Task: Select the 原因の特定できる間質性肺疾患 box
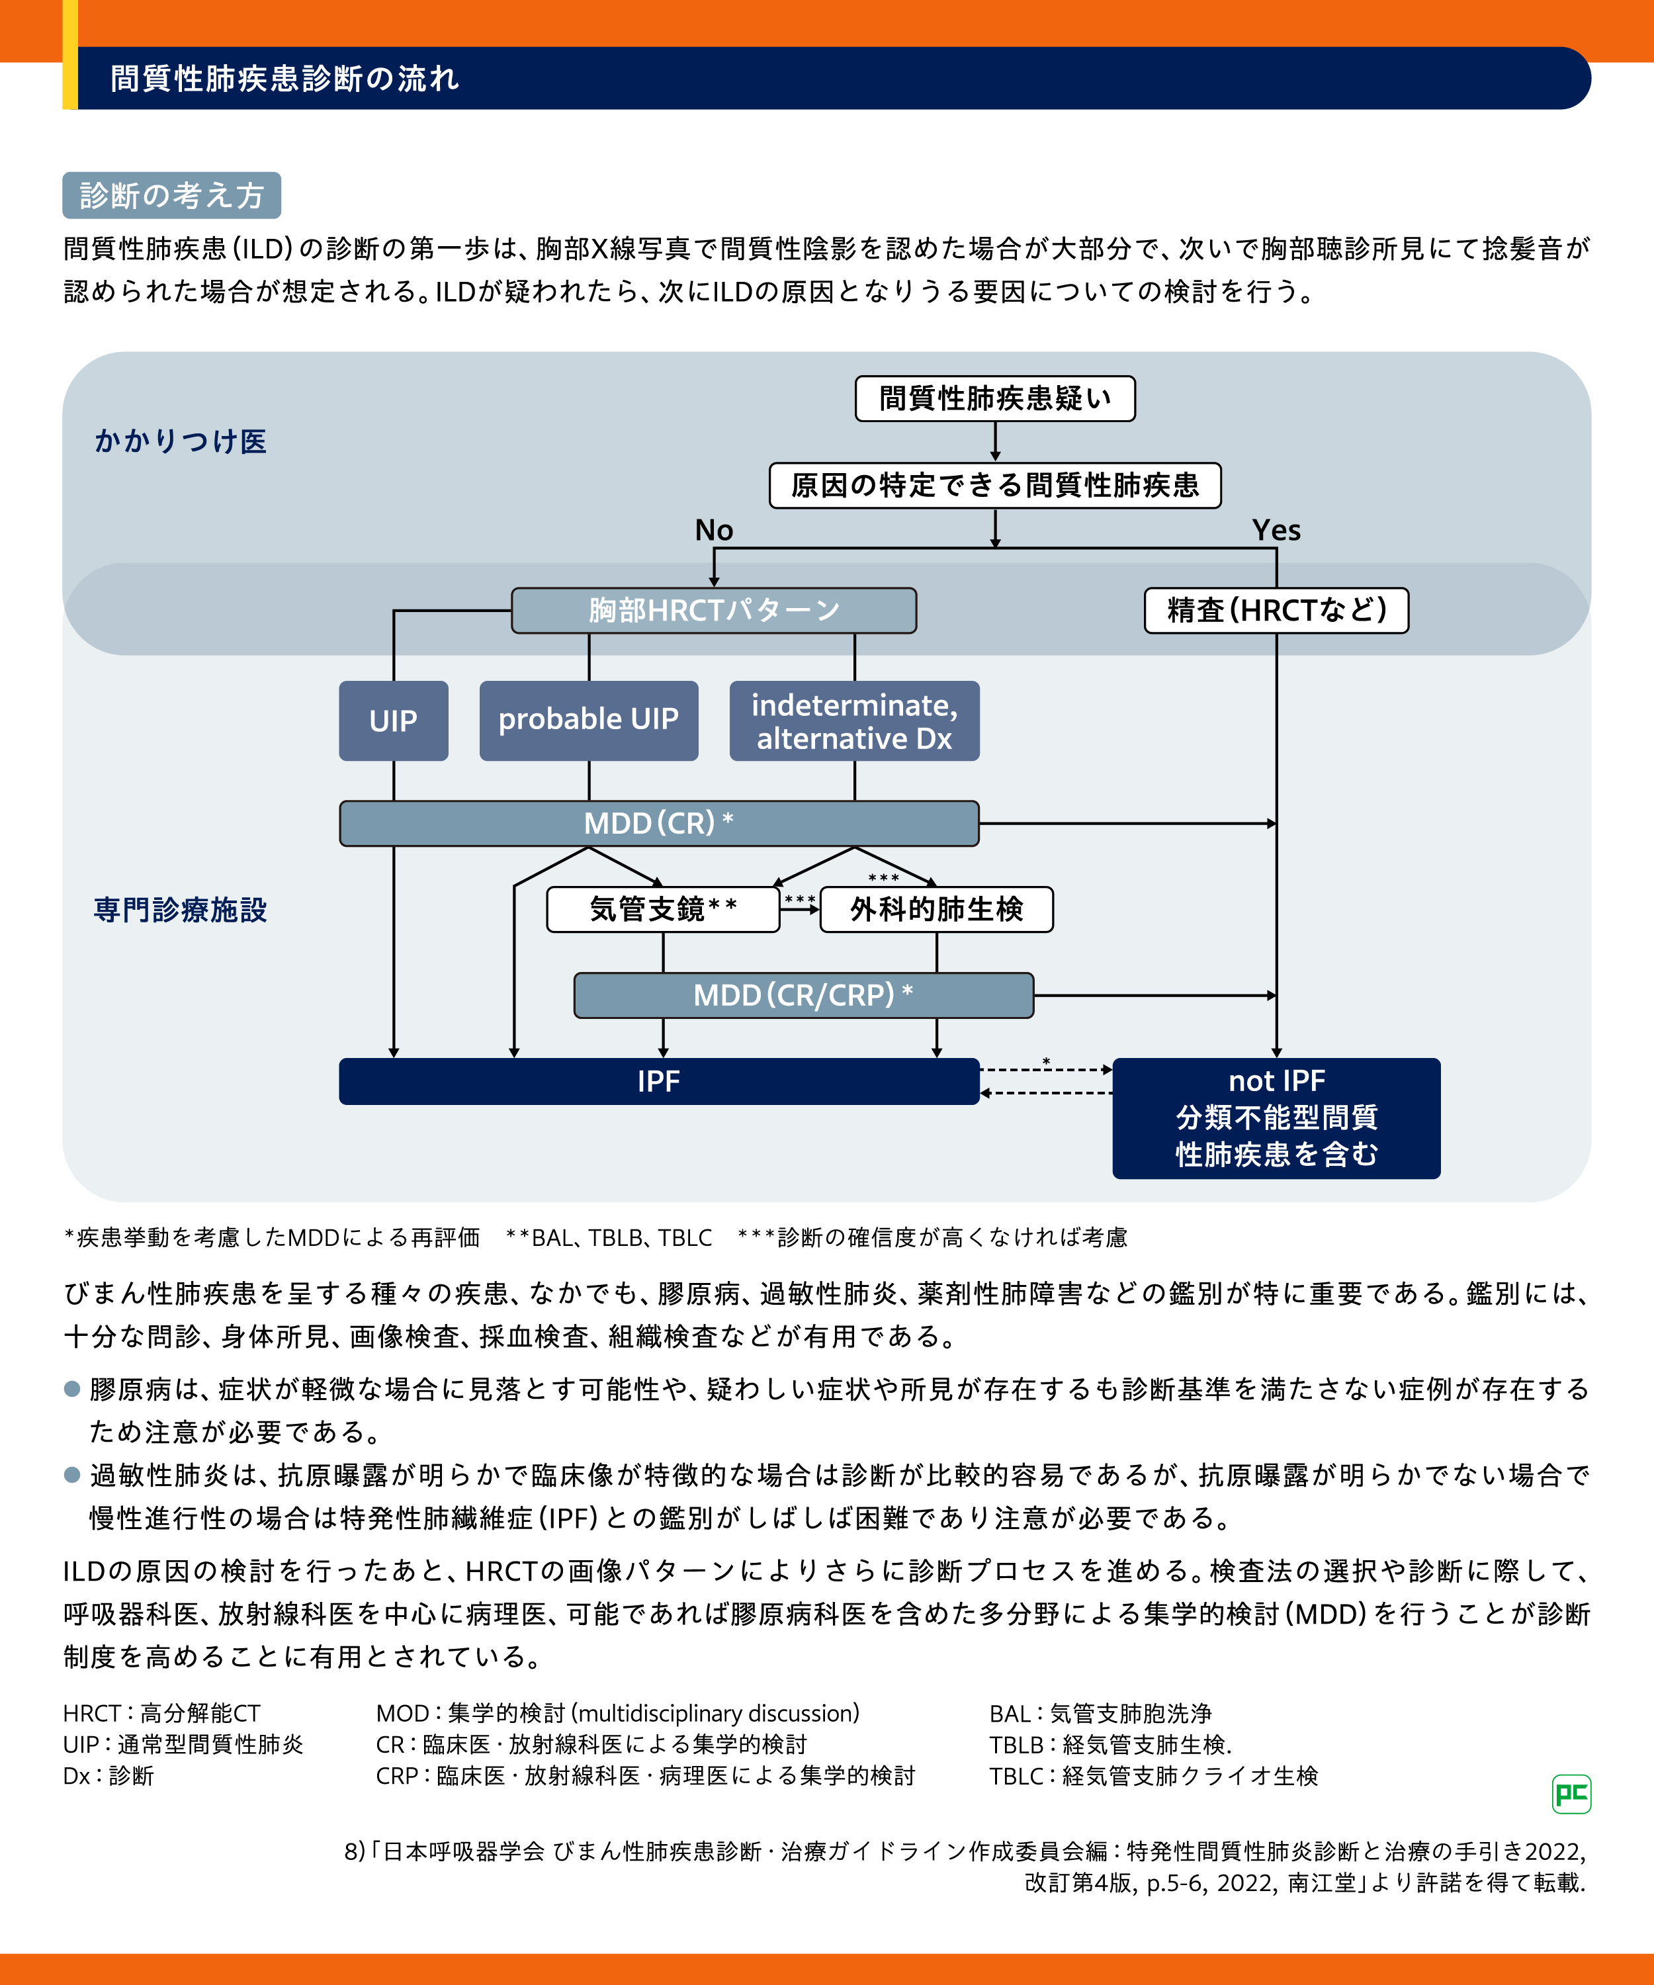[x=994, y=486]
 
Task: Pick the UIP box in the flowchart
[x=393, y=721]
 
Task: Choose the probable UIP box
[x=588, y=721]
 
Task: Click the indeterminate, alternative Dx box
[x=854, y=721]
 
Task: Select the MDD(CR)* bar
[x=659, y=823]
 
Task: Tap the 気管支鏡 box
[x=662, y=909]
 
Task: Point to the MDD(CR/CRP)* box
[x=803, y=995]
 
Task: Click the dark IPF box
[x=659, y=1081]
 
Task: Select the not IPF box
[x=1276, y=1118]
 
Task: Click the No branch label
[x=714, y=530]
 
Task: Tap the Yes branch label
[x=1276, y=530]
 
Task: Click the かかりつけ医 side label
[x=181, y=441]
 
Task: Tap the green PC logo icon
[x=1571, y=1794]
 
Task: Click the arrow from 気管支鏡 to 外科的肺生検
[x=800, y=909]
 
